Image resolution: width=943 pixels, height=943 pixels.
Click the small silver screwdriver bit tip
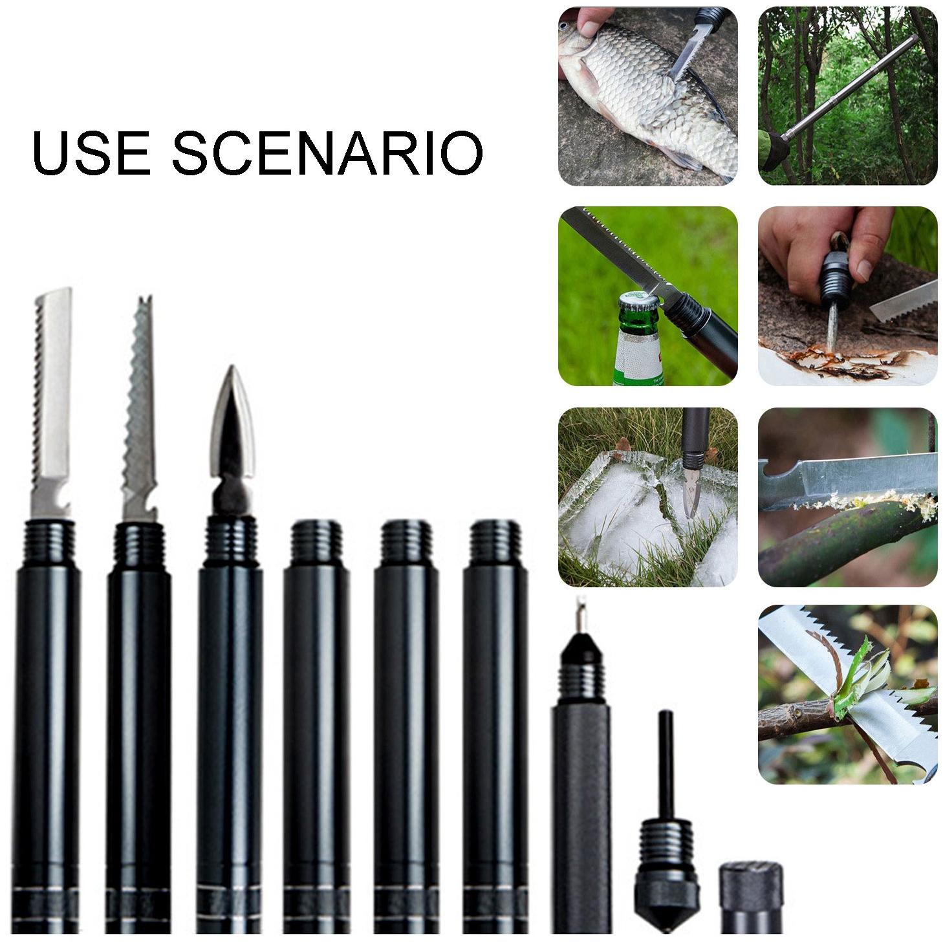click(581, 615)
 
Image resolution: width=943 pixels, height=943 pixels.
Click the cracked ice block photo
click(647, 497)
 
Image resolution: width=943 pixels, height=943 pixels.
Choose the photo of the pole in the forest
click(847, 96)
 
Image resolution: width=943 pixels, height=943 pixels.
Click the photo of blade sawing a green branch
click(847, 497)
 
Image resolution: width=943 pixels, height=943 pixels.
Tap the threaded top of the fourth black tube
click(317, 544)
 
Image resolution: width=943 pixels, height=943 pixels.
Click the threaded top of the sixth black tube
click(495, 544)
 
